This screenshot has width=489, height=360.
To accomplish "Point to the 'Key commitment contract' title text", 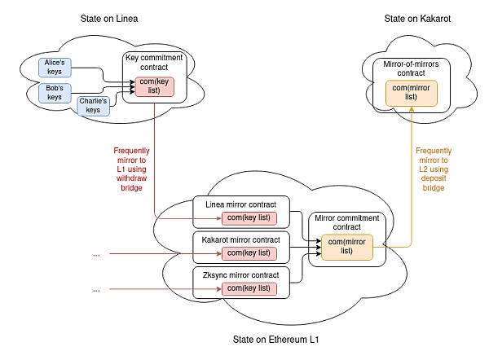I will click(155, 63).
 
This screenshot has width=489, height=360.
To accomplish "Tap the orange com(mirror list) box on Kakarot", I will click(412, 92).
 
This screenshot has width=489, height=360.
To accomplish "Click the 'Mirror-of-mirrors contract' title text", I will click(412, 68).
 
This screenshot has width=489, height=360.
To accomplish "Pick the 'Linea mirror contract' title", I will click(245, 204).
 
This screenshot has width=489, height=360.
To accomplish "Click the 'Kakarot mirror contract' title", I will click(245, 240).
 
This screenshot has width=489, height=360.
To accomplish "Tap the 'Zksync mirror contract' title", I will click(245, 275).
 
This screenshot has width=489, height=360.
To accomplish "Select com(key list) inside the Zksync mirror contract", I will click(249, 289).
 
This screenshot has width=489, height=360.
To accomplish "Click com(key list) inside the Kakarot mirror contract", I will click(249, 253).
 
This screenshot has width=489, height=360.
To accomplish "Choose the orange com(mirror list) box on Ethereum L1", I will click(346, 246).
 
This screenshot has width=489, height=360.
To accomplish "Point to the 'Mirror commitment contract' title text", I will click(346, 222).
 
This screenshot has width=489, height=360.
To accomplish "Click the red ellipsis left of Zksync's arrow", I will click(96, 289).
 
